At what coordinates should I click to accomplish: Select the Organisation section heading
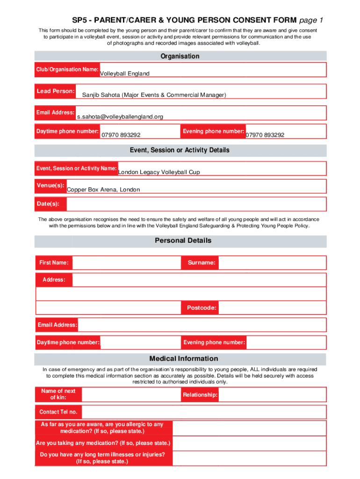tap(180, 56)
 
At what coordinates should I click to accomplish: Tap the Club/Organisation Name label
tap(67, 69)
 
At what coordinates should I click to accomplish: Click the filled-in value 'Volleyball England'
tap(125, 73)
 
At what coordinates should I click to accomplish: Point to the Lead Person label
tap(56, 91)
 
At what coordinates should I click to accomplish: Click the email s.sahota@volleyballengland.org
tap(120, 116)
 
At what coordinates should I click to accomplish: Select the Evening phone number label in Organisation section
tap(213, 131)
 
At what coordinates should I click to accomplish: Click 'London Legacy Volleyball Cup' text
tap(159, 172)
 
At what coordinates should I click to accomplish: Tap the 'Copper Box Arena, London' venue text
tap(103, 189)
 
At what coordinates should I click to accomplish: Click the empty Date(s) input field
tap(196, 204)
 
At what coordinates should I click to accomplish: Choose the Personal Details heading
tap(183, 240)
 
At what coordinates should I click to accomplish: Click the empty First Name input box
tap(126, 263)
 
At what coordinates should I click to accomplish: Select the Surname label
tap(202, 263)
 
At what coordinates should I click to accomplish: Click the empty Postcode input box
tap(272, 308)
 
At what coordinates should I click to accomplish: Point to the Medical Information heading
tap(183, 358)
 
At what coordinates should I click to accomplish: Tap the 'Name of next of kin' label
tap(58, 394)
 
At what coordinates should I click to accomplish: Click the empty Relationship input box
tap(272, 395)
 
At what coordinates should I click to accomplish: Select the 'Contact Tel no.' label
tap(58, 412)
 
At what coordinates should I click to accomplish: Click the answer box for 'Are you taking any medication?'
tap(249, 443)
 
